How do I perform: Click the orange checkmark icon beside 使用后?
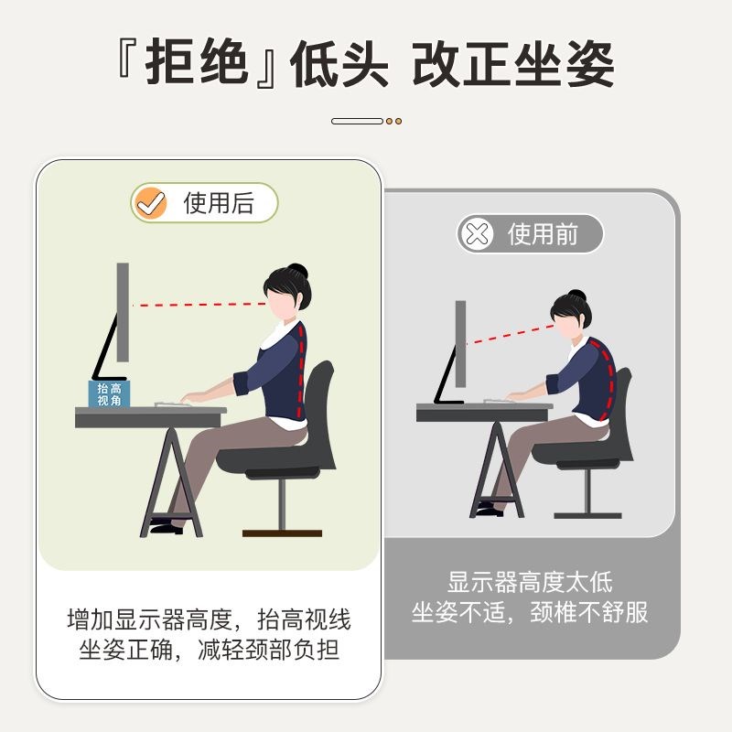click(x=148, y=203)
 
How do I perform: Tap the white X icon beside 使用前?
click(x=477, y=234)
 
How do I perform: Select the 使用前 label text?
click(x=543, y=234)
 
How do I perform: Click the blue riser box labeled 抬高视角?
click(x=109, y=393)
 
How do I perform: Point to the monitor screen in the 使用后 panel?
click(x=123, y=311)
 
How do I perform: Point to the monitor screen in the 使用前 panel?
click(x=460, y=343)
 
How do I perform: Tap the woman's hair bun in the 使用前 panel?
click(x=574, y=296)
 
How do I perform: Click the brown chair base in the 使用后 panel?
click(x=282, y=533)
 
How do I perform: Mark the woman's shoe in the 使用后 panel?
click(x=165, y=526)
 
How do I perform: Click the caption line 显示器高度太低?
click(x=530, y=581)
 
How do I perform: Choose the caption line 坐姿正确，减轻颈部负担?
click(x=210, y=651)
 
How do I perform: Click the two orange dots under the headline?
click(x=393, y=121)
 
